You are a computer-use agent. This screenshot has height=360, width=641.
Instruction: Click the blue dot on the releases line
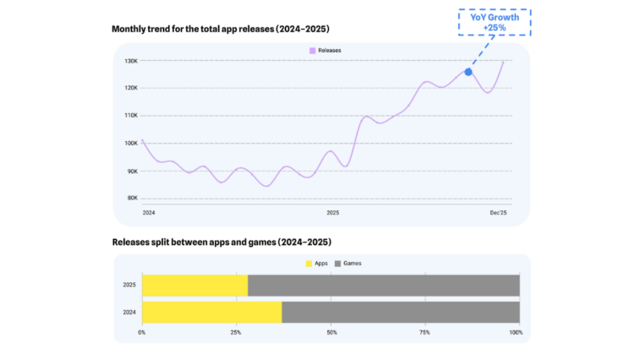[468, 72]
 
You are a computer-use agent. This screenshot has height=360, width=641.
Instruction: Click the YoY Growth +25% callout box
[496, 22]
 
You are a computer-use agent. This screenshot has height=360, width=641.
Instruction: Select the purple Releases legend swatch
[313, 51]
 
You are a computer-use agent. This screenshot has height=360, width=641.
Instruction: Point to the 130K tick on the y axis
[131, 61]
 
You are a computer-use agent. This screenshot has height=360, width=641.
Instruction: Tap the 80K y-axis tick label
[131, 198]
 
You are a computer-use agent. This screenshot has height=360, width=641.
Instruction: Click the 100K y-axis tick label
[131, 143]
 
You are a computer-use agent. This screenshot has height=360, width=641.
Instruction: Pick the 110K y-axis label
[131, 116]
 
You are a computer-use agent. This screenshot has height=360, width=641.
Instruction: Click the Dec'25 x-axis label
[499, 212]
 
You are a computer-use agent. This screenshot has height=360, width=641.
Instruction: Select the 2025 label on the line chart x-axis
[332, 212]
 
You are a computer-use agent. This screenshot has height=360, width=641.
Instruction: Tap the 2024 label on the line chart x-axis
[149, 212]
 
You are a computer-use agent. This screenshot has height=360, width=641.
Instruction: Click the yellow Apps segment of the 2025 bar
[194, 285]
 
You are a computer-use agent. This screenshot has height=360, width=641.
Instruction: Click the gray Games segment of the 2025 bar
[384, 285]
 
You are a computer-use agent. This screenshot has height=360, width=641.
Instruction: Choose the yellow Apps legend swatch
[310, 264]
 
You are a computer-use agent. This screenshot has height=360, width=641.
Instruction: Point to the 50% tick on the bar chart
[331, 332]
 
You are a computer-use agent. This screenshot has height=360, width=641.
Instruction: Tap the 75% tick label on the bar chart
[423, 332]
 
